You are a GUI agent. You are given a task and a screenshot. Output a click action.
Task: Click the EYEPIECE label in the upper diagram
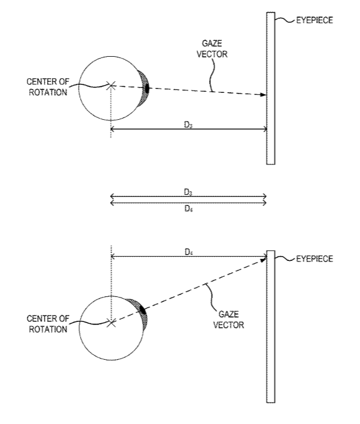(314, 20)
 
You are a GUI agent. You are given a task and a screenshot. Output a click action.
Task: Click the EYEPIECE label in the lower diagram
(314, 259)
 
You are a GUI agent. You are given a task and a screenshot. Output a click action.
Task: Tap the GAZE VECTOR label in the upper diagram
(211, 49)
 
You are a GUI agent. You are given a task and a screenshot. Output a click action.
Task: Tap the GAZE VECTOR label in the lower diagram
(229, 320)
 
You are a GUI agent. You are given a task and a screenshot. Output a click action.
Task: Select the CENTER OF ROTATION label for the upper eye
(48, 87)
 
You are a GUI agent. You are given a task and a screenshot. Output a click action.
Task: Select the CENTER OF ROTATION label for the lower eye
(48, 324)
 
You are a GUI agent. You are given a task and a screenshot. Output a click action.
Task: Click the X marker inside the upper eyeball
(111, 86)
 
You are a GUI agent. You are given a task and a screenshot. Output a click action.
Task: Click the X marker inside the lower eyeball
(111, 323)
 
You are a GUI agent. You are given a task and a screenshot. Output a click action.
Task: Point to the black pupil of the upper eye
(147, 89)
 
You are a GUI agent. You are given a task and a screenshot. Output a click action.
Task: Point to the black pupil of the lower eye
(143, 310)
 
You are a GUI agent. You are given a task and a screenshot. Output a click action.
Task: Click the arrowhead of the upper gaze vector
(263, 95)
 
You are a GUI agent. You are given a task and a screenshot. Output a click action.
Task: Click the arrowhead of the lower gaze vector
(263, 259)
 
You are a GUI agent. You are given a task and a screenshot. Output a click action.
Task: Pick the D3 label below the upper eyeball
(188, 125)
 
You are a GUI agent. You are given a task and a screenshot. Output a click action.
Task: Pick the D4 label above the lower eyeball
(188, 252)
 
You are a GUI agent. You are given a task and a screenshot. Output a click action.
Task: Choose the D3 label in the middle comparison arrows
(188, 192)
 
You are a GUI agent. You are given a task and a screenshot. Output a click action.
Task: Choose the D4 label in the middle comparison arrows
(188, 208)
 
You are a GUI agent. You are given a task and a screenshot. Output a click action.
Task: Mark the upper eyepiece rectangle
(271, 88)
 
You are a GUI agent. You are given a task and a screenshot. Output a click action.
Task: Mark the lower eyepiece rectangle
(271, 327)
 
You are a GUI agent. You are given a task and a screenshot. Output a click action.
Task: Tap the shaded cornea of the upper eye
(144, 89)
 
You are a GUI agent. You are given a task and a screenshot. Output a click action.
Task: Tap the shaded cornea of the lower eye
(141, 313)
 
